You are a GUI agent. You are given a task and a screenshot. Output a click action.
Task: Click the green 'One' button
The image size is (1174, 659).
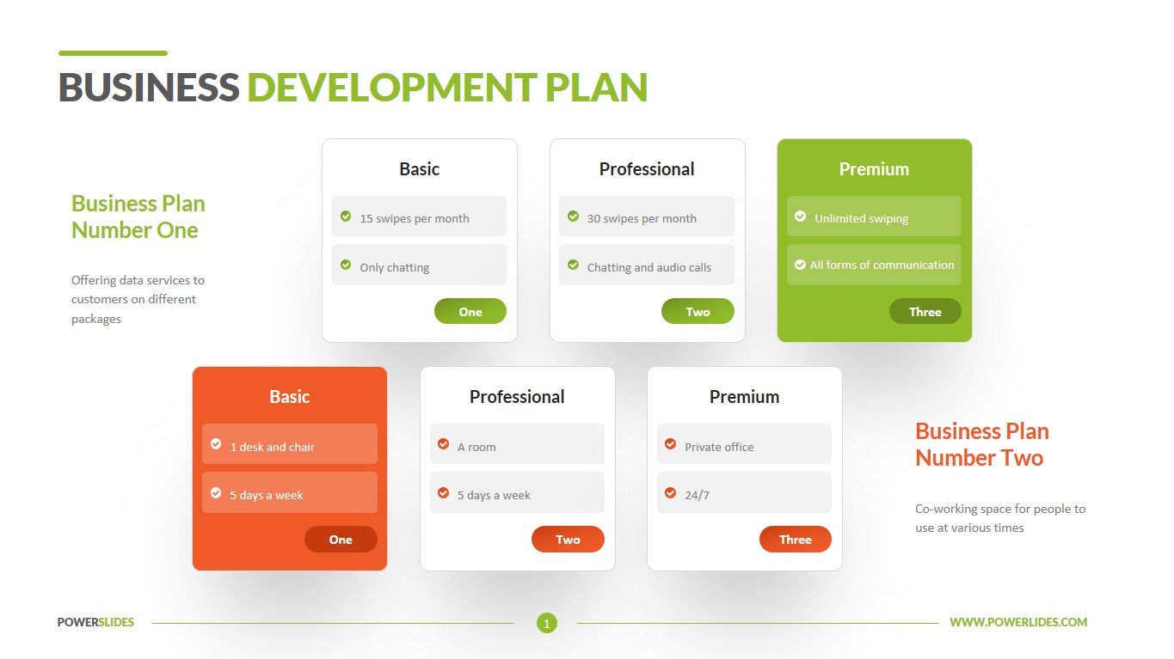pos(470,311)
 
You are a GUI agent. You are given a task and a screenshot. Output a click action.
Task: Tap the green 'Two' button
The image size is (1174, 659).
pos(698,311)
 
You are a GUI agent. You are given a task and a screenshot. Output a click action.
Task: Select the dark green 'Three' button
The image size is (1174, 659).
pos(925,311)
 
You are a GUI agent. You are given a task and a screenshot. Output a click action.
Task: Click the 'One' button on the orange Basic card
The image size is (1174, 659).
pos(341,539)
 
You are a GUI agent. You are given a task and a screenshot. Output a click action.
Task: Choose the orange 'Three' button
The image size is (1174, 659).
pos(795,539)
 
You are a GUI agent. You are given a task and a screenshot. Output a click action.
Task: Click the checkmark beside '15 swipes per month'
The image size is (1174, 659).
pos(346,217)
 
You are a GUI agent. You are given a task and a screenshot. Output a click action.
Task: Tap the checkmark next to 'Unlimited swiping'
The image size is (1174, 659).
pos(801,217)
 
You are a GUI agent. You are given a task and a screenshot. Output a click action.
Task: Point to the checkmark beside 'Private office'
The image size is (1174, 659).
pos(670,444)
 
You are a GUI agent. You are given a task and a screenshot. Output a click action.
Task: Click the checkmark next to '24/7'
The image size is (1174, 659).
pos(670,492)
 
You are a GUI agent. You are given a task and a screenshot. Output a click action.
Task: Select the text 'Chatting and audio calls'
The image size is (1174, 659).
pos(648,267)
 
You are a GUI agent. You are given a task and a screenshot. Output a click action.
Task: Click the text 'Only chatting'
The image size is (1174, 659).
pos(394,267)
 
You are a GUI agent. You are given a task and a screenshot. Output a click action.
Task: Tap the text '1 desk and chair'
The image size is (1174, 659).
pos(272,447)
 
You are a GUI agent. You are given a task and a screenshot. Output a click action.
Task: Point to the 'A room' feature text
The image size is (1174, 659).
pos(476,447)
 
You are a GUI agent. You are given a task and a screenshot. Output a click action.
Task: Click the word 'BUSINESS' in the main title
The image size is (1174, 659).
pos(149,87)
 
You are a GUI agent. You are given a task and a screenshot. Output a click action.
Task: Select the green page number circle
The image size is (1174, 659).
pos(547,623)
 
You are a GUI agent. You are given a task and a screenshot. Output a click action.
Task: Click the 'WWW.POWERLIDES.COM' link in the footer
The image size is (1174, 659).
pos(1018,622)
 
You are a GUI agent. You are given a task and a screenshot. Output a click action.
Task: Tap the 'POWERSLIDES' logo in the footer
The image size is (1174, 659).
pos(95,622)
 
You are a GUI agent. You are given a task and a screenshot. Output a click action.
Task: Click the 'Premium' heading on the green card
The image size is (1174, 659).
pos(874,169)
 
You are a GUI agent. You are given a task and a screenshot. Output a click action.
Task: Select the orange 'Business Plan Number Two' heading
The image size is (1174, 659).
pos(981,444)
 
